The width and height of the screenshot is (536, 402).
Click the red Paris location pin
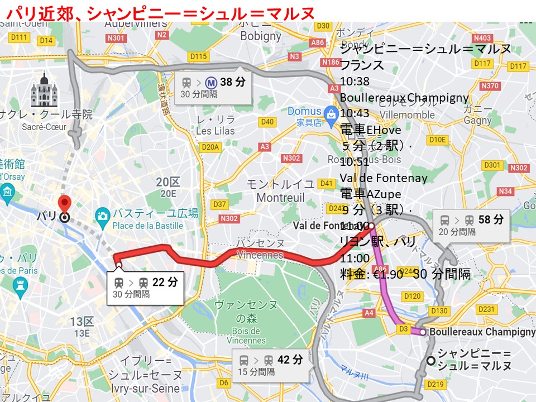(x=65, y=204)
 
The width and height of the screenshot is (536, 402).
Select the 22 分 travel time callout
(x=145, y=287)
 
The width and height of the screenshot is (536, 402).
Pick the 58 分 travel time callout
(x=471, y=224)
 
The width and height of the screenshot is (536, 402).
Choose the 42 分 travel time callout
(x=270, y=365)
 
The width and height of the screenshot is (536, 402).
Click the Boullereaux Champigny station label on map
(x=482, y=332)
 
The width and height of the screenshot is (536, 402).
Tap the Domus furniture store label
(x=304, y=111)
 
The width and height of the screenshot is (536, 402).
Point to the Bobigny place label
(x=261, y=36)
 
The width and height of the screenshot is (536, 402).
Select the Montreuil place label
(x=280, y=198)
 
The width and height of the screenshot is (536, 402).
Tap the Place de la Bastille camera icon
(x=102, y=215)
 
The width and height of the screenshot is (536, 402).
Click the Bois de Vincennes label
(x=247, y=336)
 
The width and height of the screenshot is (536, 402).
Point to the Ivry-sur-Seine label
(x=145, y=388)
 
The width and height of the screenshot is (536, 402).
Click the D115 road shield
(x=198, y=56)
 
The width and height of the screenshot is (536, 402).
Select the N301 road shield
(x=116, y=38)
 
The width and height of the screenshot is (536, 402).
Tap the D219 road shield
(x=435, y=384)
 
